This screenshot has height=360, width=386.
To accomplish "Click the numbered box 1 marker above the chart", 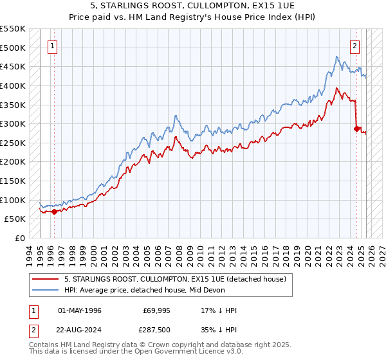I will click(x=52, y=46).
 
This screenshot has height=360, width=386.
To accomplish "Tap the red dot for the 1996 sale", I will click(x=54, y=211).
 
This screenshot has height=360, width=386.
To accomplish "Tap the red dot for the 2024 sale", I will click(x=357, y=129).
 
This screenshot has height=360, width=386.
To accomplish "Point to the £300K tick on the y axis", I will click(x=13, y=123).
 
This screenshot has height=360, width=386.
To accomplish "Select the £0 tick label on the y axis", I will click(x=19, y=238).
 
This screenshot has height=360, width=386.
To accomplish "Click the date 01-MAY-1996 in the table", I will click(x=80, y=310).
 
